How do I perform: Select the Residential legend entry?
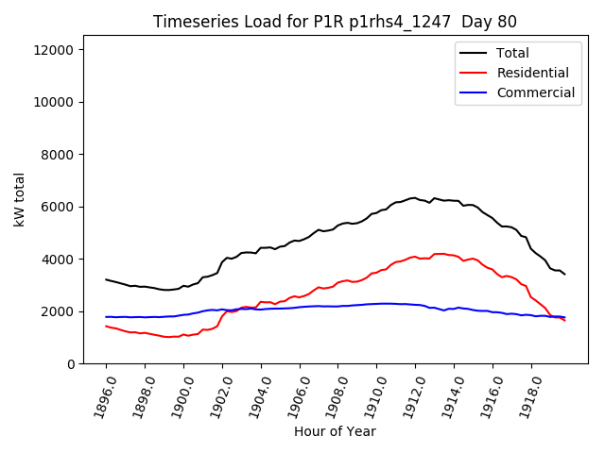(x=532, y=73)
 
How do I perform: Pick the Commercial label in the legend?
(x=535, y=92)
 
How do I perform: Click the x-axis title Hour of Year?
(x=335, y=432)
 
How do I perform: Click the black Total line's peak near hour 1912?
(x=413, y=198)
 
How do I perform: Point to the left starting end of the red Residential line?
(x=106, y=327)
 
